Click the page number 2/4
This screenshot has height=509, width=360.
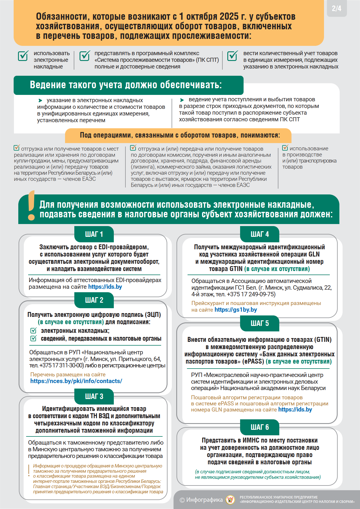click(336, 8)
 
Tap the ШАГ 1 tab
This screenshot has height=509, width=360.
click(94, 234)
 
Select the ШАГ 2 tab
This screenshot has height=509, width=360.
click(94, 300)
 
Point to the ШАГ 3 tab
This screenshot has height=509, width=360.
click(94, 396)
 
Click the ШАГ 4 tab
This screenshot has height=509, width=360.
click(260, 234)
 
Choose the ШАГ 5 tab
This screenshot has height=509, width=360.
click(260, 323)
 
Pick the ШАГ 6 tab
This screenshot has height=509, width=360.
click(260, 427)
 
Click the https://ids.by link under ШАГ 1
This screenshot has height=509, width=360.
click(105, 287)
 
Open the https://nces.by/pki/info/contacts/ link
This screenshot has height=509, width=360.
click(76, 381)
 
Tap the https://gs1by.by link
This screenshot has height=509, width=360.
click(235, 310)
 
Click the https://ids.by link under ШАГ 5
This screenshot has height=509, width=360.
click(295, 409)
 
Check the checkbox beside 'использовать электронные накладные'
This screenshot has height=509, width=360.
click(23, 56)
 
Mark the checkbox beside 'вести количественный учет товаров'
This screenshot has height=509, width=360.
click(232, 56)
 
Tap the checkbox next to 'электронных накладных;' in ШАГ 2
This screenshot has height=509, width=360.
click(34, 331)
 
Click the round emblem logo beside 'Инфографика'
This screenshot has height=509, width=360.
click(230, 500)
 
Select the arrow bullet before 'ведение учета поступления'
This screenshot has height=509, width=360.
click(182, 100)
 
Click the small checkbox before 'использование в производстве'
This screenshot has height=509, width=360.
click(285, 148)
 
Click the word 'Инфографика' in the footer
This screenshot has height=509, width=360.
click(204, 500)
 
